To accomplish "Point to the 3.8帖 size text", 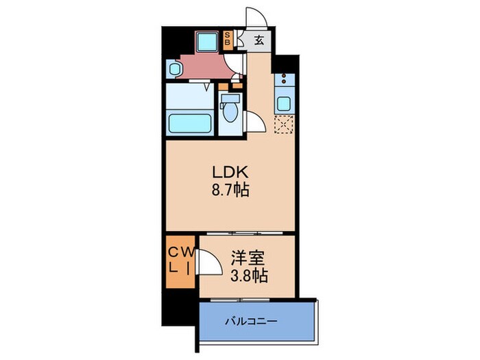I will pyautogui.click(x=248, y=277).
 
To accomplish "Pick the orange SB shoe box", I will pyautogui.click(x=228, y=39).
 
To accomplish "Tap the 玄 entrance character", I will pyautogui.click(x=259, y=39).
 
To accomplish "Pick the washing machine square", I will pyautogui.click(x=206, y=42).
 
